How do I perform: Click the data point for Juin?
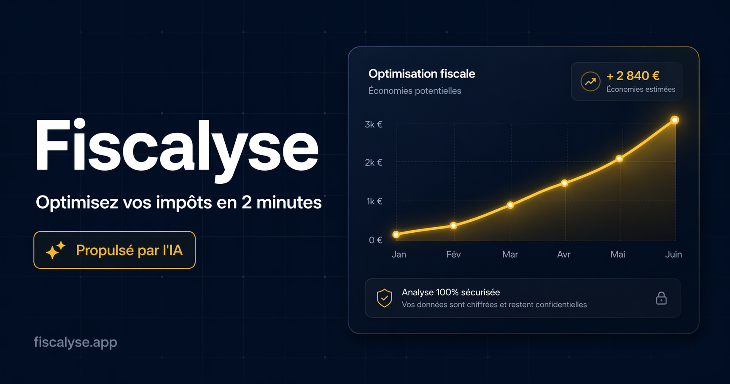click(x=675, y=120)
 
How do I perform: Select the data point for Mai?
click(x=619, y=159)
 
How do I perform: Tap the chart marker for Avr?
click(x=565, y=183)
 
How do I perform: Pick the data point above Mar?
click(x=510, y=205)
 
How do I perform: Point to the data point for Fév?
click(x=453, y=226)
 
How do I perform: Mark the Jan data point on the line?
click(x=396, y=234)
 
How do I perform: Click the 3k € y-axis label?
click(x=374, y=124)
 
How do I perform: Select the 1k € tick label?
click(x=374, y=202)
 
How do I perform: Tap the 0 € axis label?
click(x=375, y=240)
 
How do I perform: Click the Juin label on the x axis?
click(x=673, y=254)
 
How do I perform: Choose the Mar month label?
click(x=510, y=254)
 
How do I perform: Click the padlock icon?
click(x=661, y=298)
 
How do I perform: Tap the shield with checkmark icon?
click(x=384, y=298)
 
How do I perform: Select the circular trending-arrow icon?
click(x=590, y=82)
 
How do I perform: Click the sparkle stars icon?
click(x=56, y=250)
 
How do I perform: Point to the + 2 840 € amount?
click(x=633, y=76)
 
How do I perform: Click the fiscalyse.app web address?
click(x=75, y=342)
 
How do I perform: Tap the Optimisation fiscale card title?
click(x=422, y=74)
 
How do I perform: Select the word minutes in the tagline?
click(x=289, y=203)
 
